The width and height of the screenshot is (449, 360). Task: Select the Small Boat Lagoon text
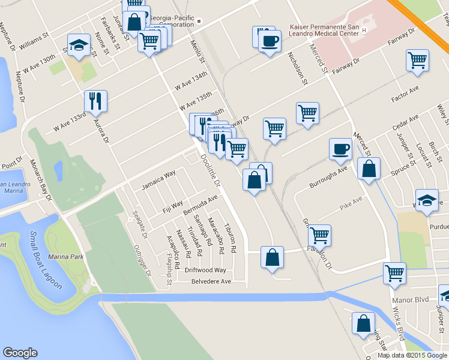point(46,260)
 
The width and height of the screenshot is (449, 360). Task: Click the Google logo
point(20,353)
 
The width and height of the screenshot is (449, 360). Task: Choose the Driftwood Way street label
point(205,271)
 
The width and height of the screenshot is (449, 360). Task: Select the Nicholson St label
point(298,67)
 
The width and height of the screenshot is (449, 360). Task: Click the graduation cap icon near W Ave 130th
point(79,46)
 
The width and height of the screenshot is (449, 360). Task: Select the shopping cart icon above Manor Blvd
point(395,273)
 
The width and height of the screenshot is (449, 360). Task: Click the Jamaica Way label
point(158,179)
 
